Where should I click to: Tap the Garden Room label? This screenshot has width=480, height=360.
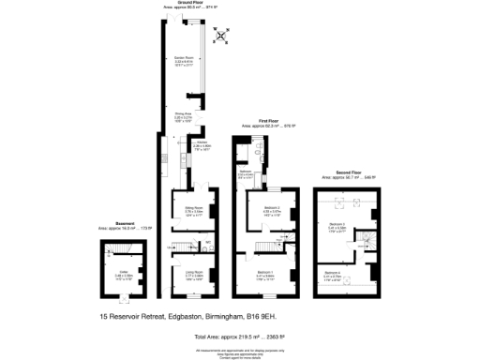pos(184,61)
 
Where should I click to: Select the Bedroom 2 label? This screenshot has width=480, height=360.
pos(272,209)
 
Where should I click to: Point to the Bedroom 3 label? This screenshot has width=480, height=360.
pos(337,225)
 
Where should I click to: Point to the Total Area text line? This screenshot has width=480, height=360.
pos(240,336)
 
